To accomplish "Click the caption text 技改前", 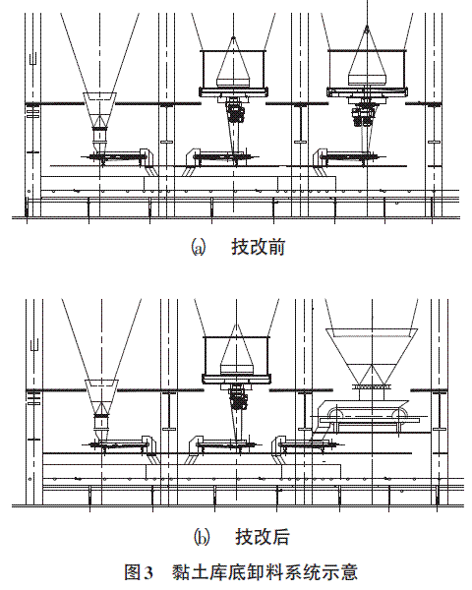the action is (x=259, y=247).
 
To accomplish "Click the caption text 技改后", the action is (x=263, y=537).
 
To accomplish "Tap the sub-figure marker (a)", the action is (x=199, y=248).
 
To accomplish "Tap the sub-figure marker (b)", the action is (x=202, y=537).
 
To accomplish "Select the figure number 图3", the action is (x=139, y=572).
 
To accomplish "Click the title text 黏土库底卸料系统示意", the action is (x=265, y=572).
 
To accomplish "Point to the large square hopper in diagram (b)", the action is (x=372, y=356).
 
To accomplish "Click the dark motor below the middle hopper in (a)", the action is (x=236, y=110).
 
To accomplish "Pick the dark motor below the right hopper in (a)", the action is (x=363, y=114).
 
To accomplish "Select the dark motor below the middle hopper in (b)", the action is (x=238, y=399).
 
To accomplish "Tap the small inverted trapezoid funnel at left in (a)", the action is (x=99, y=110).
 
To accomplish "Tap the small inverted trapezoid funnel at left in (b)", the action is (x=101, y=397).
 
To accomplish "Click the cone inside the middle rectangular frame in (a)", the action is (x=233, y=62).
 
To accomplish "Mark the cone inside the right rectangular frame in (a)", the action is (x=367, y=56).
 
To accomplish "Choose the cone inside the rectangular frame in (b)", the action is (x=236, y=350).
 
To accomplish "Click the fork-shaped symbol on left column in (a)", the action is (x=32, y=59).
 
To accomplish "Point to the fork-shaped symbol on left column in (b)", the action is (x=34, y=346).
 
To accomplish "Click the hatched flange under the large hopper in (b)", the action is (x=372, y=386).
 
